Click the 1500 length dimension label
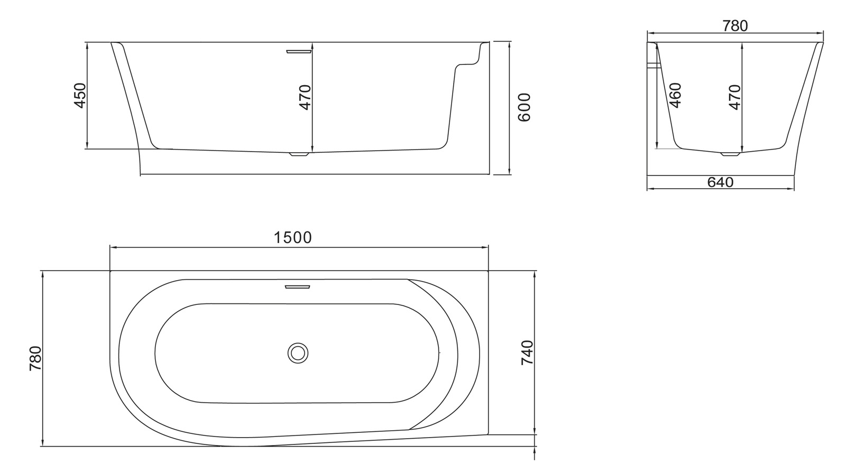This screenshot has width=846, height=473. click(x=293, y=238)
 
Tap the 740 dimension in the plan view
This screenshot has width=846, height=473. click(x=527, y=353)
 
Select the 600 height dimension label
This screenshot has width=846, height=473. click(x=523, y=107)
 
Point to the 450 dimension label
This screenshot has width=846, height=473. click(x=80, y=95)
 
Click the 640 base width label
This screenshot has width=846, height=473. click(x=720, y=182)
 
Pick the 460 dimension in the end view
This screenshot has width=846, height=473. click(x=675, y=95)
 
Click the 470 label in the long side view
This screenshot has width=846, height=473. click(x=306, y=97)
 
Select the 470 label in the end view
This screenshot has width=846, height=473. click(x=735, y=97)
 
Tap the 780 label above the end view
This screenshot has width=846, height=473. click(x=735, y=25)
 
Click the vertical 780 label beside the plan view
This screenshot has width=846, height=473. click(x=35, y=358)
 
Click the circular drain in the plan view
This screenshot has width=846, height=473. click(x=298, y=353)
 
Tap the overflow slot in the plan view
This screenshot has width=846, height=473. click(x=298, y=287)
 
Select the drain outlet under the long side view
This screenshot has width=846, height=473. click(x=299, y=155)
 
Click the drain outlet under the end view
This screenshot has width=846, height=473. click(x=731, y=155)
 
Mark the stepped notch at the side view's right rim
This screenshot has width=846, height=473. click(x=467, y=62)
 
